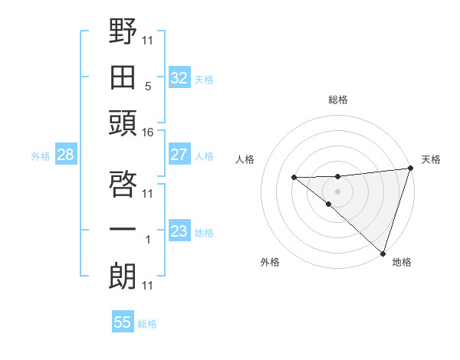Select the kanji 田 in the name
tap(123, 77)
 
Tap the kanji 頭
tap(123, 123)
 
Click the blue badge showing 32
tap(179, 77)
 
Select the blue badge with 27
tap(179, 154)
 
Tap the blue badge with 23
tap(179, 231)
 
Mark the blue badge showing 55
tap(123, 322)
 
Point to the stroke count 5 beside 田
tap(148, 87)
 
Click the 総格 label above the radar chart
tap(338, 100)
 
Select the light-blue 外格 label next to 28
tap(41, 156)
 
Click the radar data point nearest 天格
tap(410, 169)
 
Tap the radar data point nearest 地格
tap(383, 253)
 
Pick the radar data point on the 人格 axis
tap(294, 178)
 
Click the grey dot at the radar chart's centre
tap(338, 190)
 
